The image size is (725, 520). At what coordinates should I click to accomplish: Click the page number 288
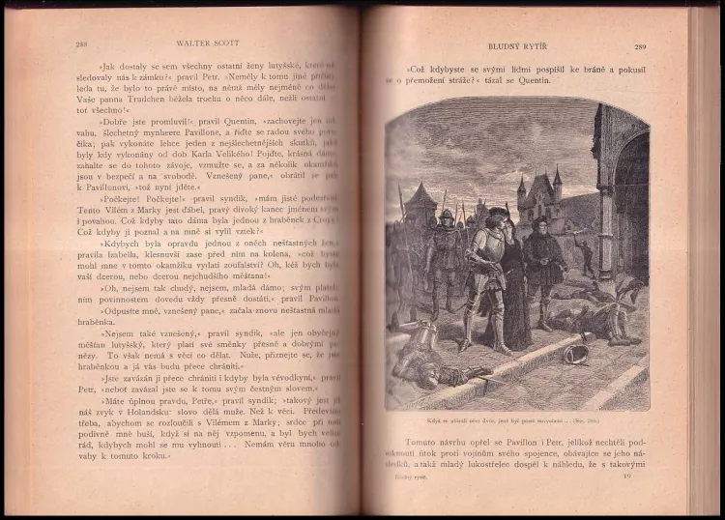point(80,44)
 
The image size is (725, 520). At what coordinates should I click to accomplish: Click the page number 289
point(640,45)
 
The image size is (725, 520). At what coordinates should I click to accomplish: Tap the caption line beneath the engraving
point(517,420)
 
